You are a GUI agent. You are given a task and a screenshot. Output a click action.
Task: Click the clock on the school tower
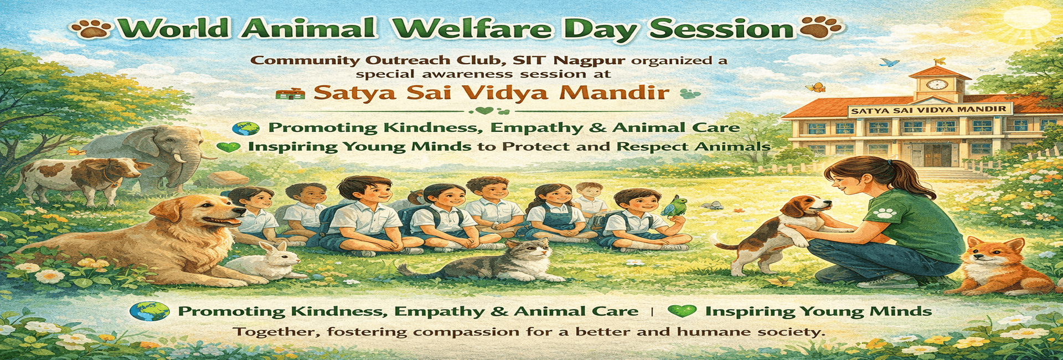tap(937, 84)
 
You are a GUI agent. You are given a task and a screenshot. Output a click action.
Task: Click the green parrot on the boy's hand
tap(673, 206)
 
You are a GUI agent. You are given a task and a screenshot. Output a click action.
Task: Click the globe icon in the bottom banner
tap(149, 311)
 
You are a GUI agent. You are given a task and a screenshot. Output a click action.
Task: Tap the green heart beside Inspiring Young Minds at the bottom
tap(682, 311)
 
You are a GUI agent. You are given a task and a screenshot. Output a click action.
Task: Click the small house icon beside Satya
tap(290, 93)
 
